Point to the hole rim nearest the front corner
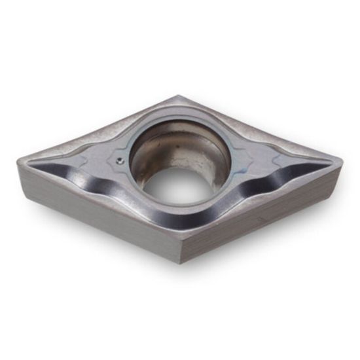180,206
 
